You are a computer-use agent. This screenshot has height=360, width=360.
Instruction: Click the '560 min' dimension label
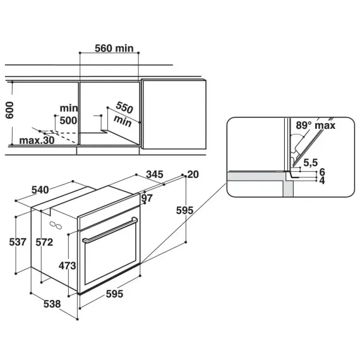click(x=114, y=49)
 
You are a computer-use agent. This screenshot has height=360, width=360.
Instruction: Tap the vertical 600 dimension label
click(x=9, y=110)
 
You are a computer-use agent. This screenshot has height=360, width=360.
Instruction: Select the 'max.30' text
click(x=37, y=140)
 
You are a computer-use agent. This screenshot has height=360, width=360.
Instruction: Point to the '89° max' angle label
click(x=315, y=125)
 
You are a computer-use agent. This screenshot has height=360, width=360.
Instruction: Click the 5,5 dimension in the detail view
click(x=311, y=162)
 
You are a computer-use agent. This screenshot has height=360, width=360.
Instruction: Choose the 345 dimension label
click(x=155, y=174)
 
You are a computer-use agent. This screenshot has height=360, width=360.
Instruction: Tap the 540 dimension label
click(x=40, y=190)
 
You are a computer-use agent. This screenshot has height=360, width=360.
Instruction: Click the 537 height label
click(x=18, y=242)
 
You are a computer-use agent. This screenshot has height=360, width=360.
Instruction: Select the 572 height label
click(x=44, y=243)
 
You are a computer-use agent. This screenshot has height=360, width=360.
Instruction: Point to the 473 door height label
click(x=68, y=266)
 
